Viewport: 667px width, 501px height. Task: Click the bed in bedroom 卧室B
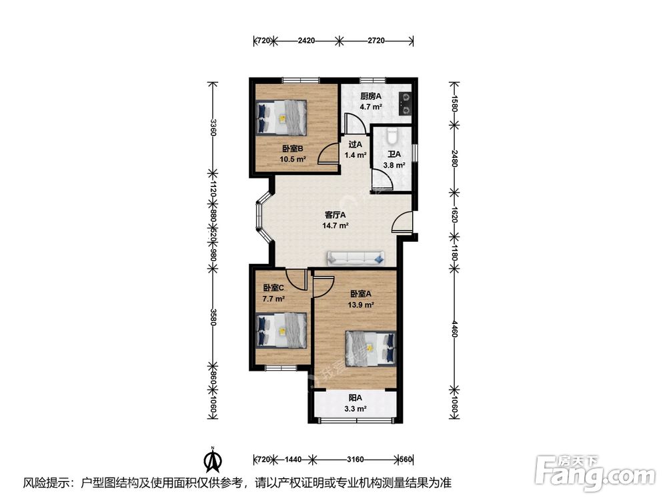[x=281, y=117]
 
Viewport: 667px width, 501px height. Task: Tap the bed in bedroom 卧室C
[x=281, y=331]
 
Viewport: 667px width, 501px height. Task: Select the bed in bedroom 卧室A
[x=370, y=348]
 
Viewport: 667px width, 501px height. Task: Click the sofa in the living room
[x=356, y=257]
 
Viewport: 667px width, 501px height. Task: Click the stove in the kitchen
[x=406, y=104]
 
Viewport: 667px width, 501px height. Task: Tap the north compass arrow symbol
[x=213, y=460]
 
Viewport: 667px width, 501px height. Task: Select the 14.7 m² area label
[x=336, y=226]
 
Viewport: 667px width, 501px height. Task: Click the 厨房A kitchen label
[x=371, y=96]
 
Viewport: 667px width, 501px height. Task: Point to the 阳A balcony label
[x=356, y=398]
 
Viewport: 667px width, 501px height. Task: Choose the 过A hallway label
[x=356, y=144]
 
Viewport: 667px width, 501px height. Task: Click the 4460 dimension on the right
[x=455, y=329]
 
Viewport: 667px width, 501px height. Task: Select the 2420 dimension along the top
[x=306, y=41]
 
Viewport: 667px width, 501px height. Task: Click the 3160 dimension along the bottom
[x=356, y=460]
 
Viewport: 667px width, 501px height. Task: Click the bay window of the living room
[x=261, y=218]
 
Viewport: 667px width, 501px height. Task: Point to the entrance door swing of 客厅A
[x=402, y=222]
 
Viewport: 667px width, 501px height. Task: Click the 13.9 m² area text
[x=361, y=305]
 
